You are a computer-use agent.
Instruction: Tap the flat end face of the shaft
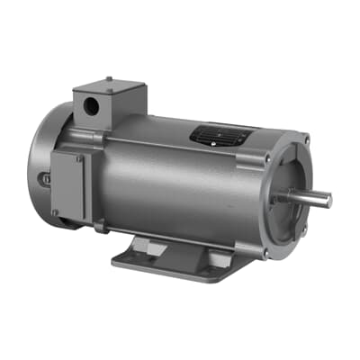point(328,200)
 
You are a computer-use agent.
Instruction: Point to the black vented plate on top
point(216,135)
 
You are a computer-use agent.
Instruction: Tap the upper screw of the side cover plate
point(78,158)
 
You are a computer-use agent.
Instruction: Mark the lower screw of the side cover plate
point(56,212)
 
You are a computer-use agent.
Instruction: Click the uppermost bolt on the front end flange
point(307,139)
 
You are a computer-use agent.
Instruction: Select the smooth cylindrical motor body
point(180,184)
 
